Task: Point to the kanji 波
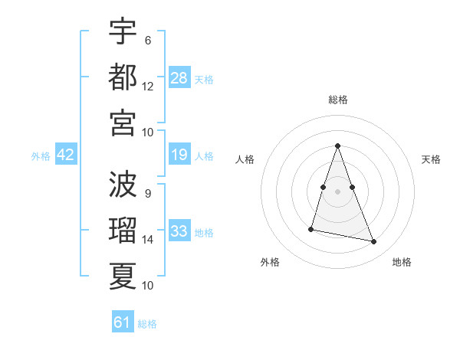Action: [123, 184]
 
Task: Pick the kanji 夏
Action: [123, 275]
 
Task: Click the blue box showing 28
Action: [179, 77]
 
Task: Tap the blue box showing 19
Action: [179, 155]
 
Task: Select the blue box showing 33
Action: [179, 231]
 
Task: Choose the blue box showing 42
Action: [66, 155]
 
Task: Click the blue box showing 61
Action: [123, 322]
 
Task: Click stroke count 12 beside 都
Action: [148, 87]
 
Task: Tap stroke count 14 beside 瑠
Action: [148, 240]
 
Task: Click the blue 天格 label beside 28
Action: [204, 79]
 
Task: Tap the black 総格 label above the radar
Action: [338, 100]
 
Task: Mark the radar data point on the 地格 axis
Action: [374, 242]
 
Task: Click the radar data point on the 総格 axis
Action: [337, 146]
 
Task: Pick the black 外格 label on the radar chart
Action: [270, 262]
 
